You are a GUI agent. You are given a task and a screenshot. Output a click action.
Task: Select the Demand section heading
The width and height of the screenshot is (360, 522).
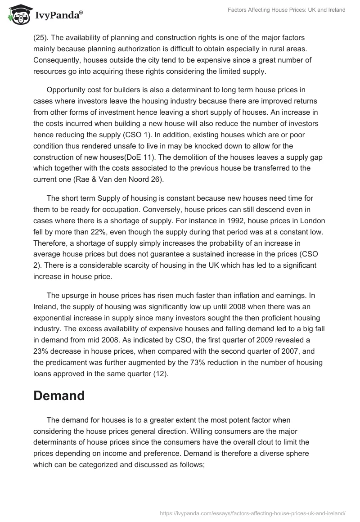[x=59, y=396]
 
